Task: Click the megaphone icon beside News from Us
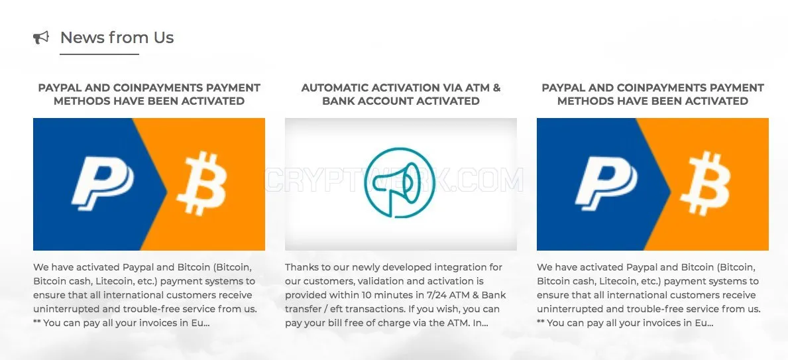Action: point(41,38)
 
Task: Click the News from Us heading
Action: point(117,38)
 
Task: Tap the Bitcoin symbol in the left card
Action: point(201,184)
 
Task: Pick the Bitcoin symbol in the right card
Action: point(705,184)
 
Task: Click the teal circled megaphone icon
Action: point(400,182)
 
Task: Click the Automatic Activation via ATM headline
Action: point(401,94)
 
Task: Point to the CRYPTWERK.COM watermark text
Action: point(394,180)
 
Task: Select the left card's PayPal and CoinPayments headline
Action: point(149,94)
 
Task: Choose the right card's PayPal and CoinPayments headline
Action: point(653,94)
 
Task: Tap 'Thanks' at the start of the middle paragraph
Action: point(300,267)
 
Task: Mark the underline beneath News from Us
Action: point(99,54)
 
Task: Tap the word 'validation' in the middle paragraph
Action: point(396,281)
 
